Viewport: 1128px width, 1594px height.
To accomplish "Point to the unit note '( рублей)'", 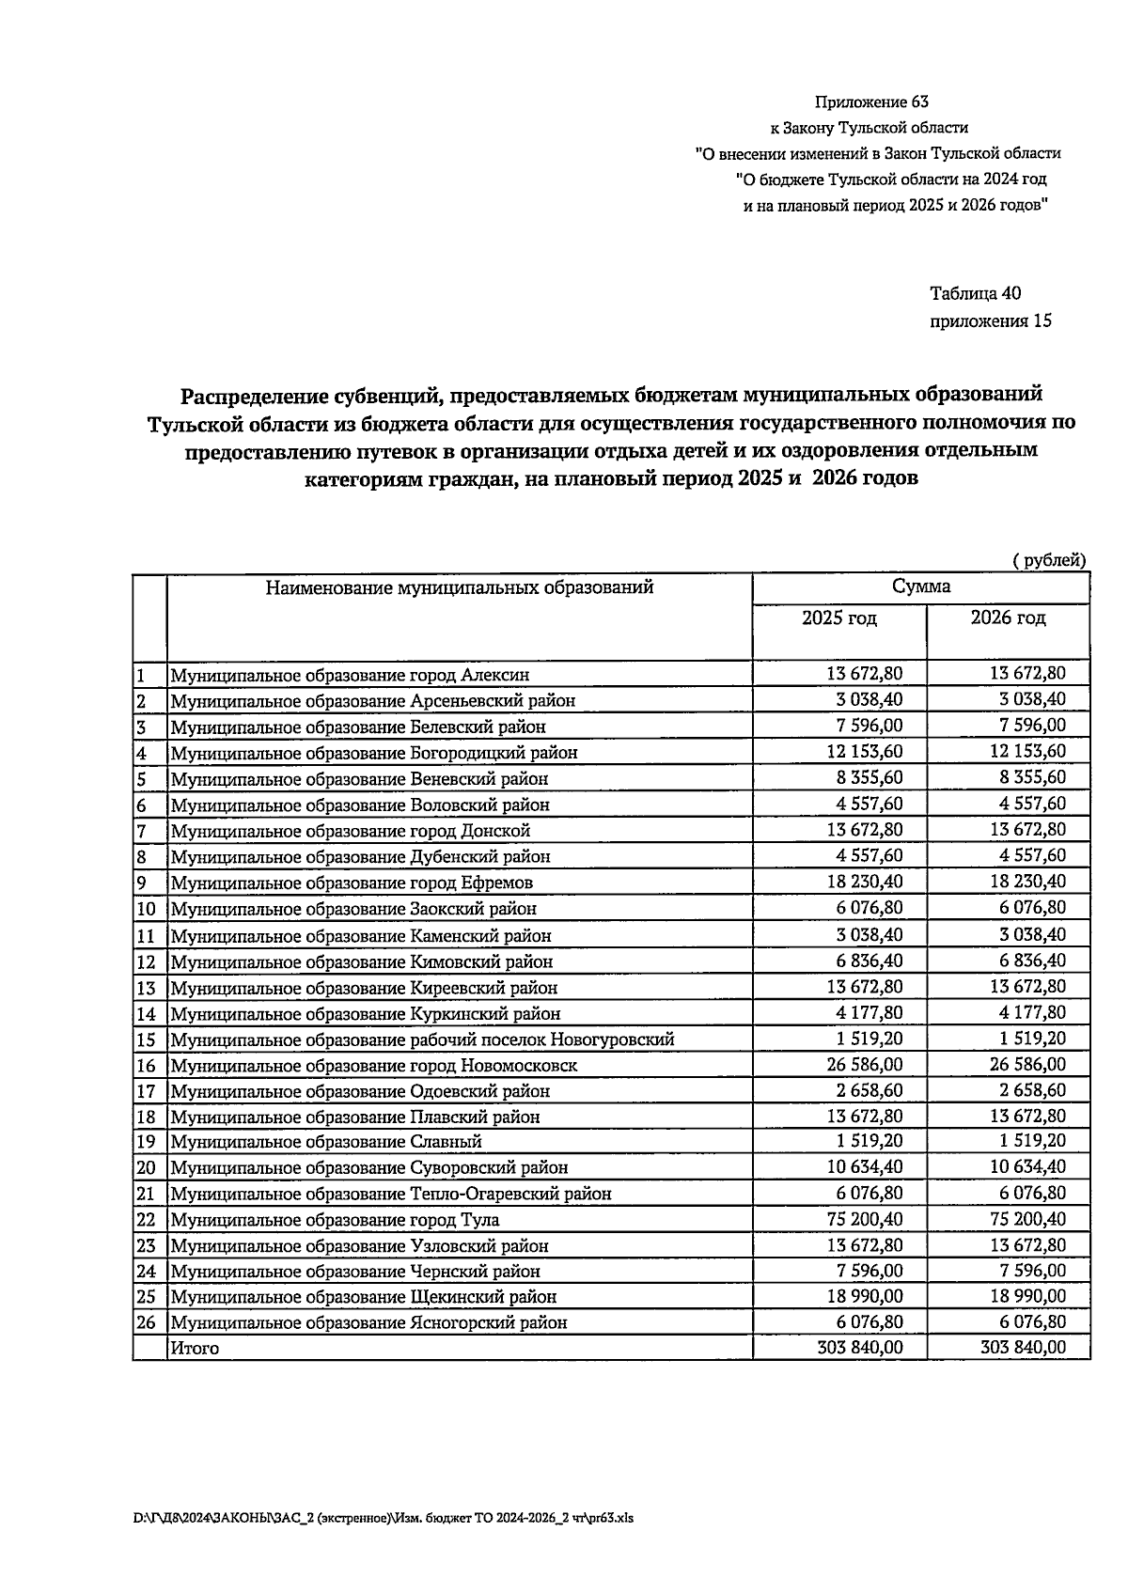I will [1048, 560].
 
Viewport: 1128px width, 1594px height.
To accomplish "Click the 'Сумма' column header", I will [920, 586].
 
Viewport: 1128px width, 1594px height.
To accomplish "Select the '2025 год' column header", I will [838, 617].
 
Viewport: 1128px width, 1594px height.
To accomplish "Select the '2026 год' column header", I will [1008, 617].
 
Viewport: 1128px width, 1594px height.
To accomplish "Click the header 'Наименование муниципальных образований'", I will [459, 588].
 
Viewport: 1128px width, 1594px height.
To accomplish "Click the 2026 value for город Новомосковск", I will [1027, 1064].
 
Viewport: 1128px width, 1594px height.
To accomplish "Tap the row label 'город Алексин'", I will [349, 675].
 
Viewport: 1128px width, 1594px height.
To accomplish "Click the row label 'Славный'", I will [325, 1142].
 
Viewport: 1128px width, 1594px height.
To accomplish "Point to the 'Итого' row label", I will [195, 1348].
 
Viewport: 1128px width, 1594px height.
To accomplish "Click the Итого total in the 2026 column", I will [1023, 1347].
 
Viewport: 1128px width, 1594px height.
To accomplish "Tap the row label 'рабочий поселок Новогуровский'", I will [422, 1039].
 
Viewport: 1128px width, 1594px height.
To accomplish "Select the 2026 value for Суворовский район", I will [1027, 1166].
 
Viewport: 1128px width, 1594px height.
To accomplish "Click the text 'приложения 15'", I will [990, 320].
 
